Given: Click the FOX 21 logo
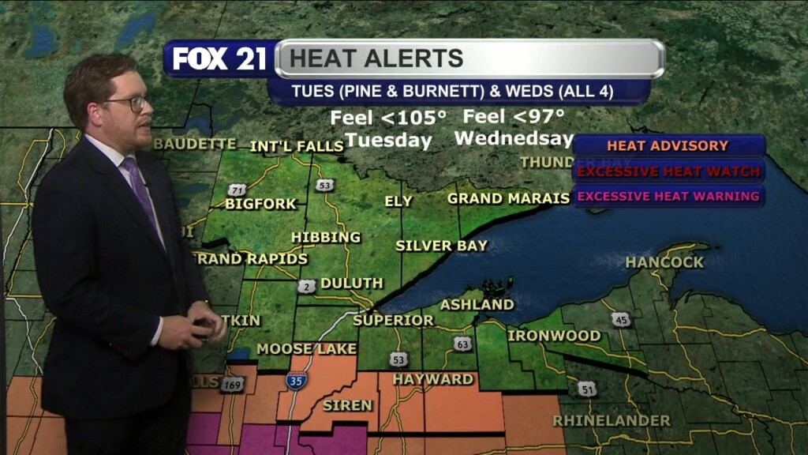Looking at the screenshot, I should point(219,58).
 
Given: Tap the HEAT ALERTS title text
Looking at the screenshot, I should point(376,58).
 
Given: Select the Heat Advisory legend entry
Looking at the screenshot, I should point(668,146).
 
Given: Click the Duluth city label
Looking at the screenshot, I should point(352,283).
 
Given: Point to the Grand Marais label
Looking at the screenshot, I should point(508,198).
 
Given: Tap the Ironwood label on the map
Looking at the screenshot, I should point(554,336).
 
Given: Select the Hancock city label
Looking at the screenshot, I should point(664,262).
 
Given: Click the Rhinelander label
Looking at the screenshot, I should point(612,420).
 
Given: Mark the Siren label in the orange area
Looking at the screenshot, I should point(347,405).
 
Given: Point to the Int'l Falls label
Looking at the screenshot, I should point(296,147).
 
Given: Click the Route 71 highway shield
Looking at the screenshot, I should point(235,190).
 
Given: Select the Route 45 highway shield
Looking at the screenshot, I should point(620,319).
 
